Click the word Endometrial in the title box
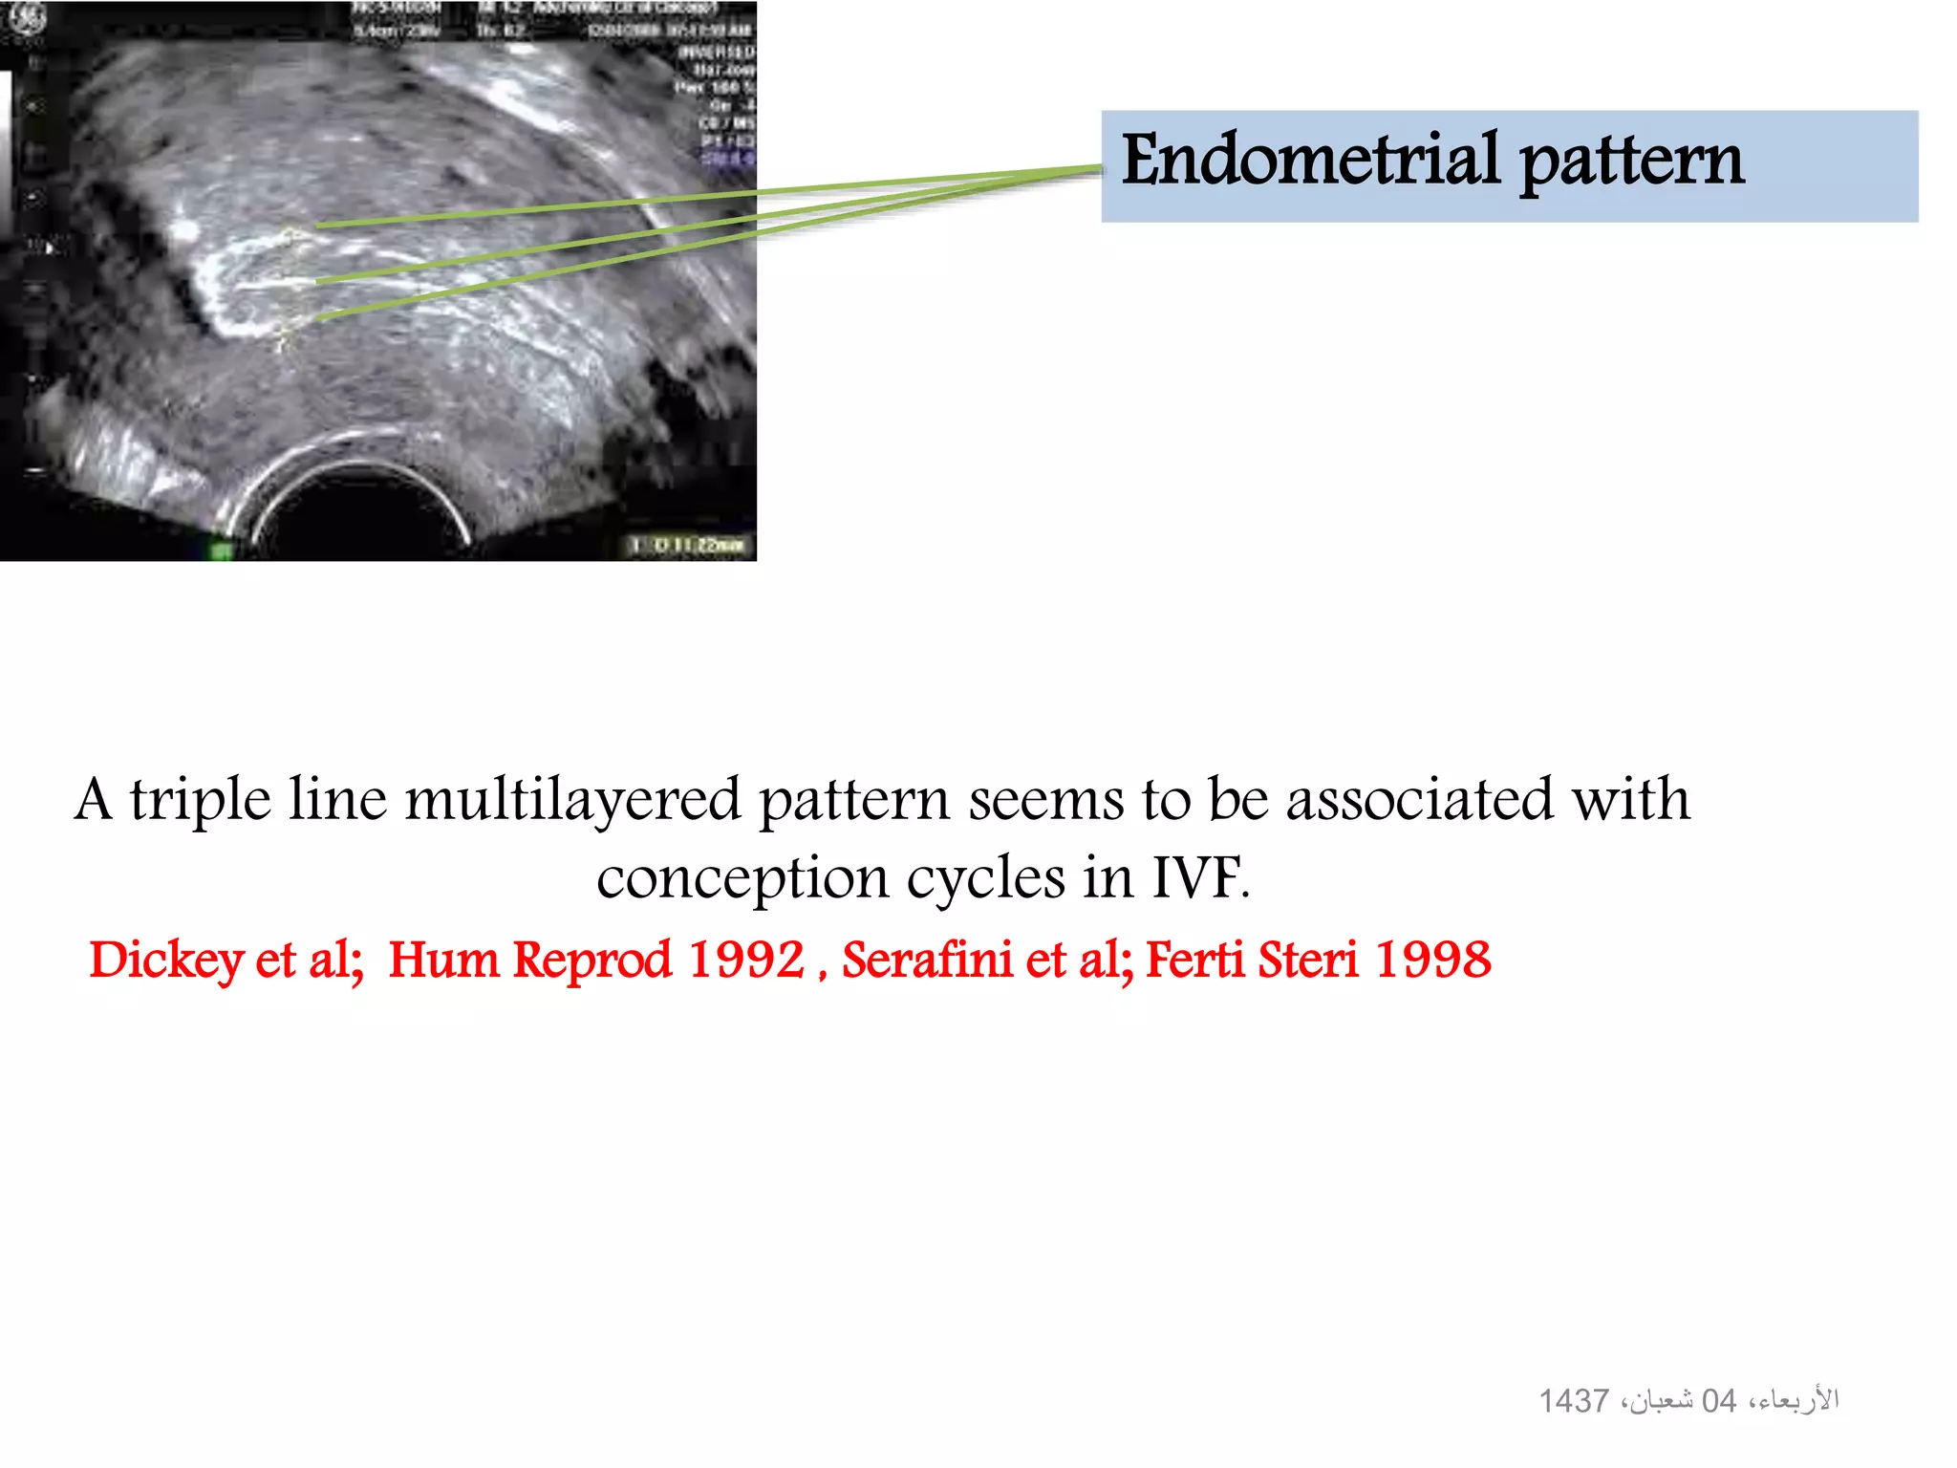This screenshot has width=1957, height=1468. coord(1310,160)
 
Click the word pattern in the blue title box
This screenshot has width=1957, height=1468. coord(1631,162)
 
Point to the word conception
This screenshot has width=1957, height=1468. coord(742,878)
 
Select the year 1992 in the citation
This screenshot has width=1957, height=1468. coord(746,960)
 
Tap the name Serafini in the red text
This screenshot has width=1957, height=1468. coord(926,960)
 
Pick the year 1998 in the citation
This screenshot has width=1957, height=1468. coord(1432,960)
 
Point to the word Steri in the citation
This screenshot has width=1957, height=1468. coord(1306,960)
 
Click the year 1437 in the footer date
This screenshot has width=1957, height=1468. coord(1573,1401)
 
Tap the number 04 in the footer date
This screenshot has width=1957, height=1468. coord(1718,1401)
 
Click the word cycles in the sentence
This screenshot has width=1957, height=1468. coord(985,878)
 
